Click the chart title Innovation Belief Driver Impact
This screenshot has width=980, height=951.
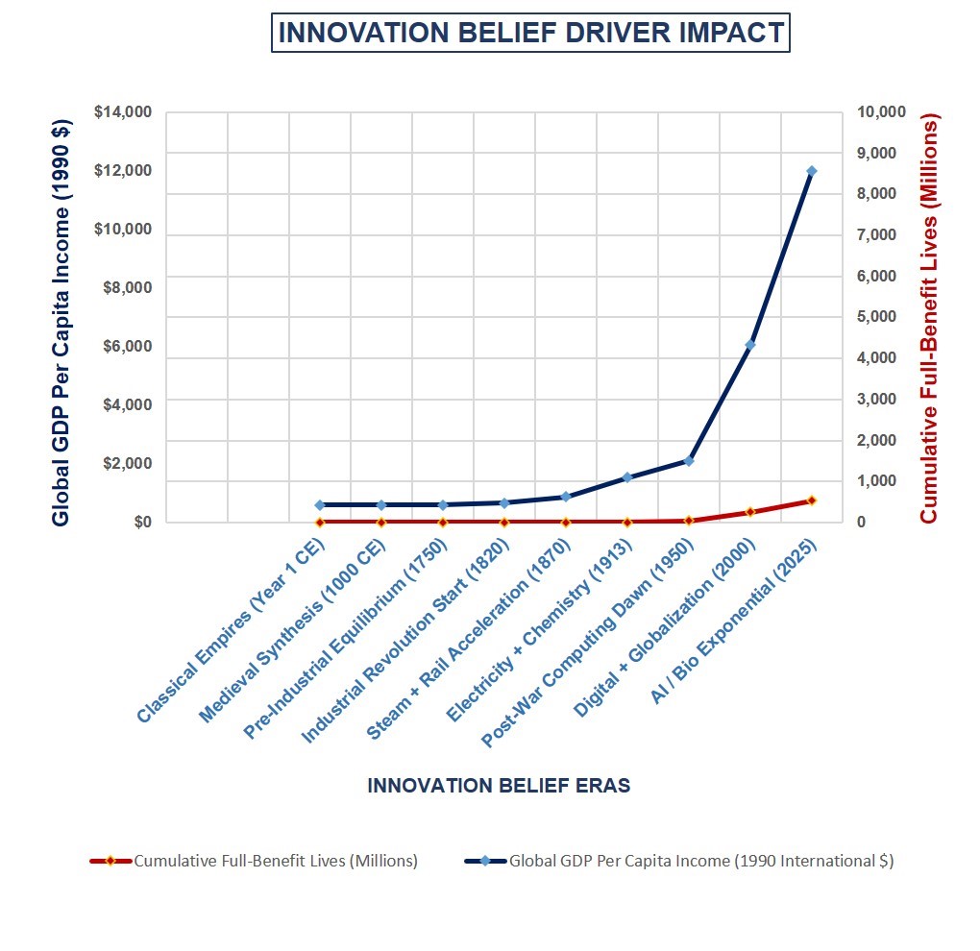pos(530,34)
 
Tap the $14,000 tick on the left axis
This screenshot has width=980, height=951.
pos(123,112)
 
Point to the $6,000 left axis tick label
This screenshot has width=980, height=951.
pos(127,347)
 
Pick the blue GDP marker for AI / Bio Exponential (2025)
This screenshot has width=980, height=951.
pos(811,171)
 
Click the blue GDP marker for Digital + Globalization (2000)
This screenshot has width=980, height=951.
pos(750,344)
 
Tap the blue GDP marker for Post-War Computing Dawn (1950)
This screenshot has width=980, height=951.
pos(689,461)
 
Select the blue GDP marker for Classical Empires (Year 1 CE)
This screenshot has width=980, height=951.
pos(320,504)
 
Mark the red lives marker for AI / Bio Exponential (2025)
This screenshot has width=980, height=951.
pos(811,500)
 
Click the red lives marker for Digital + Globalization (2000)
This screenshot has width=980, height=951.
pos(750,512)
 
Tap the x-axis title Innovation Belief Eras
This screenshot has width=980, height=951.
pos(499,786)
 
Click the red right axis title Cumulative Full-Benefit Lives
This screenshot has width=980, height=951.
pos(928,317)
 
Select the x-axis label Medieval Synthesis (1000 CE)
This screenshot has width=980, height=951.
pos(293,632)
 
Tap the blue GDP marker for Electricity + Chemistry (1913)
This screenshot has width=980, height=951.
pos(627,477)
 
